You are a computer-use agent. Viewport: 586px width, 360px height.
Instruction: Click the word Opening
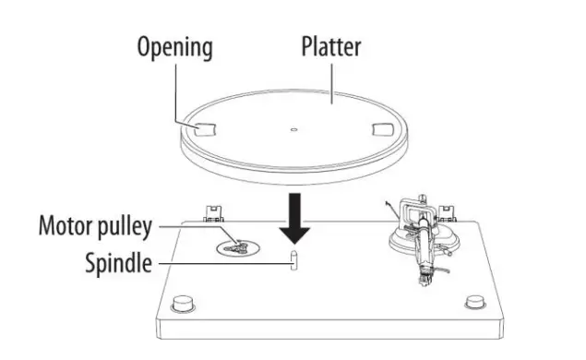[x=176, y=46]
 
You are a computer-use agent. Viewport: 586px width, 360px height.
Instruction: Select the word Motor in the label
[x=66, y=225]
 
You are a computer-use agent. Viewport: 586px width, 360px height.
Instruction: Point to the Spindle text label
[x=119, y=263]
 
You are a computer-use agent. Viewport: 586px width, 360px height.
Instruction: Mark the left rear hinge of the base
[x=210, y=212]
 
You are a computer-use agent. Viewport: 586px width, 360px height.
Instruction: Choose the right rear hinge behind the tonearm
[x=449, y=213]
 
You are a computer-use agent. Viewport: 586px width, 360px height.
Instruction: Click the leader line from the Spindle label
[x=221, y=264]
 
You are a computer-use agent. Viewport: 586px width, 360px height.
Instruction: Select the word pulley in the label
[x=126, y=226]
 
